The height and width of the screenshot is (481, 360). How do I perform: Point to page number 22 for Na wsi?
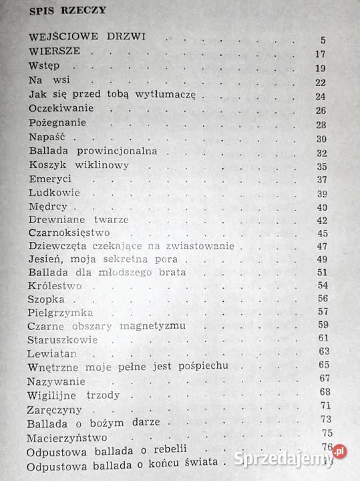tap(319, 82)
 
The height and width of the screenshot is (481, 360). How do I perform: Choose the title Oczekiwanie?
tap(61, 109)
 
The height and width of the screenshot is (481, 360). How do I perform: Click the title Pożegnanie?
tap(59, 124)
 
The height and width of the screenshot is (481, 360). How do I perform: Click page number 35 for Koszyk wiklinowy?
tap(321, 166)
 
